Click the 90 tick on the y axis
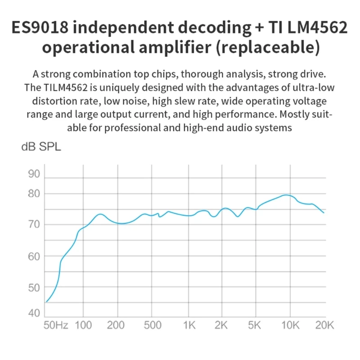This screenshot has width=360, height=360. coord(35,174)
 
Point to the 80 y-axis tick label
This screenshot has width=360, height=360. coord(35,194)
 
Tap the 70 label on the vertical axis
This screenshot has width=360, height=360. coord(35,224)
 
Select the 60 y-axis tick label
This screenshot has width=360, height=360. coord(35,256)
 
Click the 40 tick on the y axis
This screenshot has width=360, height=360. coord(35,313)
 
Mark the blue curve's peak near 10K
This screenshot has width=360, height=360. coord(286,195)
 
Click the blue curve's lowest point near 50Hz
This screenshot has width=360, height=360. coord(46,302)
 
